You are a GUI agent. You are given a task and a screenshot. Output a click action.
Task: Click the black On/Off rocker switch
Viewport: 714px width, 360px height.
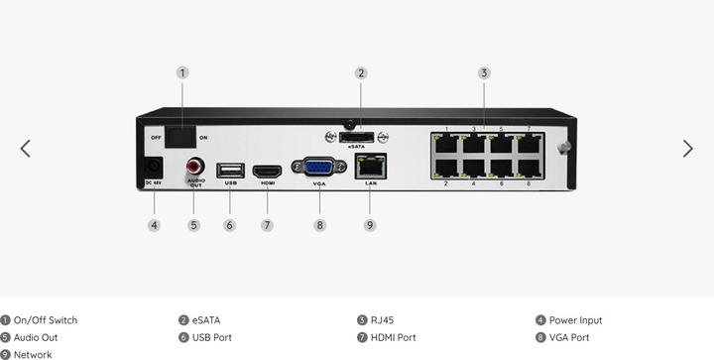pos(181,136)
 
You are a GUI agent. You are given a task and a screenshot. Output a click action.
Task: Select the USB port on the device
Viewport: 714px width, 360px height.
pos(230,170)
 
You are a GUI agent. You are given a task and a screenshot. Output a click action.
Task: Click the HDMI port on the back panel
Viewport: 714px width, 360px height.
pos(267,171)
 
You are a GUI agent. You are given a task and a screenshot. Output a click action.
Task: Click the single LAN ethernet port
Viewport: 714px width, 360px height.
pos(369,167)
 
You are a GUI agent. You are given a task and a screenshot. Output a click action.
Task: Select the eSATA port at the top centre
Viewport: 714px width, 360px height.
pos(358,135)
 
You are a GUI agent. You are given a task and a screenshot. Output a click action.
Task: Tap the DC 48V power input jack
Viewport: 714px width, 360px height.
pos(154,168)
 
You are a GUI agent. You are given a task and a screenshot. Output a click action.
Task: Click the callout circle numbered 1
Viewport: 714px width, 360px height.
pos(182,72)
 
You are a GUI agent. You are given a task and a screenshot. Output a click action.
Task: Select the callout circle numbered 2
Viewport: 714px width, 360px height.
pos(361,72)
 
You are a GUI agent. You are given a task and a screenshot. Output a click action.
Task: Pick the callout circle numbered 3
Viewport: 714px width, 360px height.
pos(484,72)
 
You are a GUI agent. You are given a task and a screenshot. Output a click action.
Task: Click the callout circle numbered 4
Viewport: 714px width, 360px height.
pos(154,225)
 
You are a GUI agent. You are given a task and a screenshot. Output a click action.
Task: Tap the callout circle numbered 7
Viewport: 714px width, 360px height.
pos(267,225)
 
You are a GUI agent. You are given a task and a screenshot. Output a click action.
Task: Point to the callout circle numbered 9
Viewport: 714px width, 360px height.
pos(369,225)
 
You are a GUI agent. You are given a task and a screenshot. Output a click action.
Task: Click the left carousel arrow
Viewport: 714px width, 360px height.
pos(26,148)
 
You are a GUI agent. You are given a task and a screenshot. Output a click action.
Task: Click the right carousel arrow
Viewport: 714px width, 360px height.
pos(687,148)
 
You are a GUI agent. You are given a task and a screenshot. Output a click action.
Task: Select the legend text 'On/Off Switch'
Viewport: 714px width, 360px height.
pos(46,320)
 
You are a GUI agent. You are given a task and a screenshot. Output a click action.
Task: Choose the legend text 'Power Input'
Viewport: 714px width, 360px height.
pos(575,320)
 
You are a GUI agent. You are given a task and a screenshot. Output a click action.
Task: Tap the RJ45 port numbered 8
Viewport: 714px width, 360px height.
pos(528,167)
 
